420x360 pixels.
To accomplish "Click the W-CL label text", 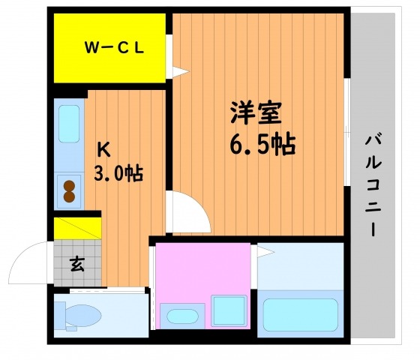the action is (x=114, y=48).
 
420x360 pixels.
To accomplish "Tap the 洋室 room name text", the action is (x=256, y=112).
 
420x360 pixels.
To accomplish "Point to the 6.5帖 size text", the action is (x=262, y=144).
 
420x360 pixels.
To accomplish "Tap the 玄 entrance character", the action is (x=77, y=264).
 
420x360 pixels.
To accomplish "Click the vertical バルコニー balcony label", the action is (x=373, y=184).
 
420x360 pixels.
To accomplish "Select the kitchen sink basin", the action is (x=69, y=124).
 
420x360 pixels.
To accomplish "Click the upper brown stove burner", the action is (x=69, y=185).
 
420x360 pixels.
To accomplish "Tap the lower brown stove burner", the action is (x=69, y=196).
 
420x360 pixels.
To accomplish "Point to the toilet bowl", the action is (x=83, y=315).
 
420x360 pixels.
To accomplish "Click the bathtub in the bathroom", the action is (x=301, y=314).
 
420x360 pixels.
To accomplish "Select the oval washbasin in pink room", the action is (x=182, y=316).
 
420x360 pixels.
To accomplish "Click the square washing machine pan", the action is (x=229, y=310).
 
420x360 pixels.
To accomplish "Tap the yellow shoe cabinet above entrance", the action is (x=78, y=228).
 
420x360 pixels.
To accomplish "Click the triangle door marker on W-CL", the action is (x=181, y=71).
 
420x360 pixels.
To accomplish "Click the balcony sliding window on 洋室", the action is (x=347, y=132).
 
